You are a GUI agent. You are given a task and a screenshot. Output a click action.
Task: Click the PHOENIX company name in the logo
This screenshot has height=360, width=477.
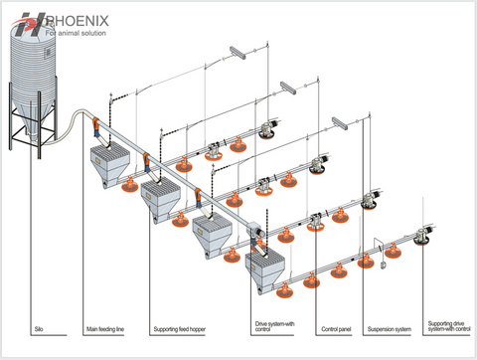click(76, 19)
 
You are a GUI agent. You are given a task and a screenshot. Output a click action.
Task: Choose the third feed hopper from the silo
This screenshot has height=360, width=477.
click(213, 232)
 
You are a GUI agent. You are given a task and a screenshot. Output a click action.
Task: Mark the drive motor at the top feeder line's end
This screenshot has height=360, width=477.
click(266, 127)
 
